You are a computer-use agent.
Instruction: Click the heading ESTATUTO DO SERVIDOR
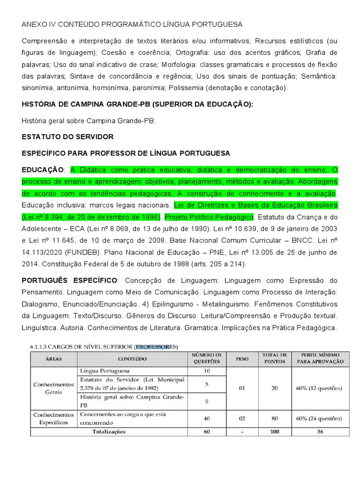[67, 137]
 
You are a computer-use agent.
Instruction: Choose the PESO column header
[242, 359]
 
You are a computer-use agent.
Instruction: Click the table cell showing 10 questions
[207, 371]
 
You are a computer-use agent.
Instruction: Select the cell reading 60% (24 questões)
[318, 418]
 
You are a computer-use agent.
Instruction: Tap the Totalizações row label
[108, 431]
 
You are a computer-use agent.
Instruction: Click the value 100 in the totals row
[275, 431]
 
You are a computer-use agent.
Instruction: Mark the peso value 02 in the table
[242, 418]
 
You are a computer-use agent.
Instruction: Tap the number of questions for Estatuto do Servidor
[207, 384]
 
